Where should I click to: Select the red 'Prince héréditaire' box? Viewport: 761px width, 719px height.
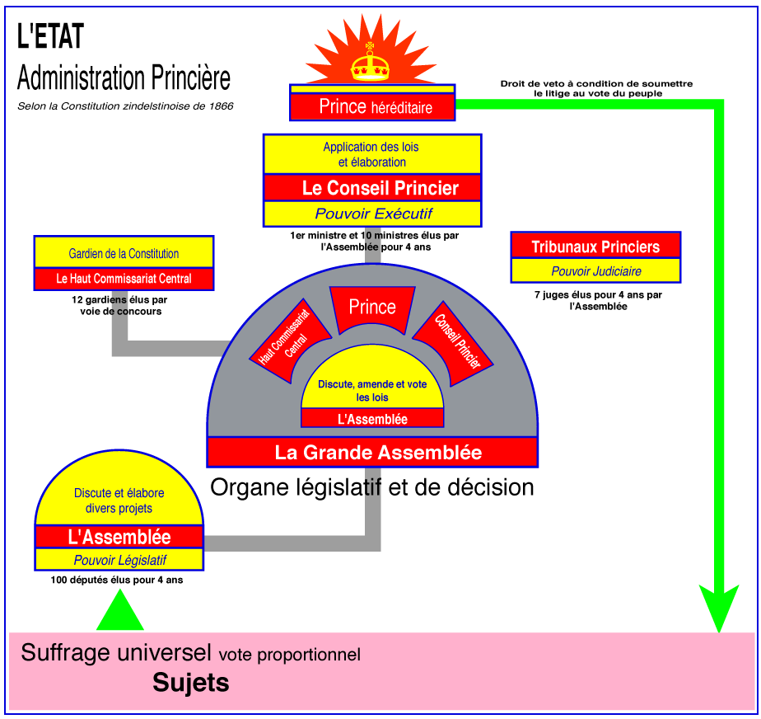tap(372, 107)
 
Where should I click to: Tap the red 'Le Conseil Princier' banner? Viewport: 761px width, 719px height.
tap(372, 187)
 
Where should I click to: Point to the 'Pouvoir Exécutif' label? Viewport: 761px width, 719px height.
tap(372, 214)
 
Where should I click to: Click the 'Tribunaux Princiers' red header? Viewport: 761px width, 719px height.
tap(595, 246)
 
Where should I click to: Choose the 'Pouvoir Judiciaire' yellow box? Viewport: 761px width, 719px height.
tap(595, 270)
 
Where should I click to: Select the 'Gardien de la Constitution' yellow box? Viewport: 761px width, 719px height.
tap(124, 253)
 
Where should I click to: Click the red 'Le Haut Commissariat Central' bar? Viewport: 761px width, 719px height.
tap(124, 279)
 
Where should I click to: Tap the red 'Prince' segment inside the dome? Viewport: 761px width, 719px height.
tap(372, 308)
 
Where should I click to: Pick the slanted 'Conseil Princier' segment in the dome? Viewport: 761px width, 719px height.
tap(453, 342)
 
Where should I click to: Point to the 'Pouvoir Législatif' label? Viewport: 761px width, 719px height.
tap(119, 560)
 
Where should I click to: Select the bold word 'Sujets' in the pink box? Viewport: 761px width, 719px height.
tap(191, 683)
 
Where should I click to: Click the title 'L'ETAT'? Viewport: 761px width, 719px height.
tap(50, 36)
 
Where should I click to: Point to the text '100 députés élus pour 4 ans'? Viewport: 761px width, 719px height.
tap(117, 580)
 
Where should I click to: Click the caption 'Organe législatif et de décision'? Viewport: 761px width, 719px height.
tap(372, 487)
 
